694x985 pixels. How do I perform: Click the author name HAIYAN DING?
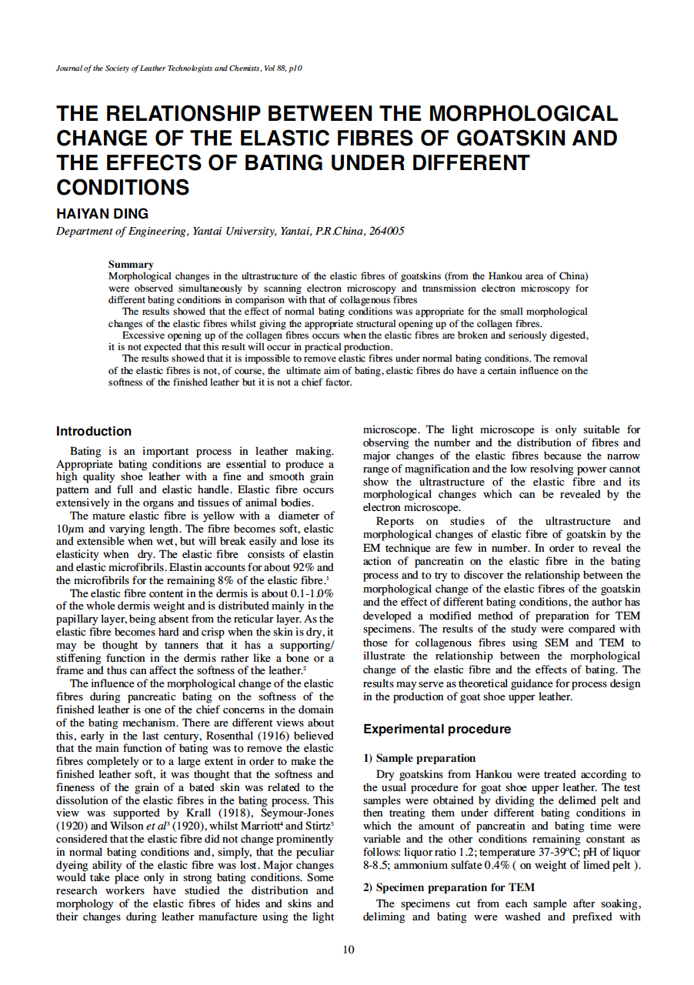102,214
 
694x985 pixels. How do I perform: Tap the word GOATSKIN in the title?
510,139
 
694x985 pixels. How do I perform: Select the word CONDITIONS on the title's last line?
123,187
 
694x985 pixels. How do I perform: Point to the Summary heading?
131,264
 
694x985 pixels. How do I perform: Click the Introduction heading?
94,431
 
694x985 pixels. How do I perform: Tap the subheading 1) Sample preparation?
419,758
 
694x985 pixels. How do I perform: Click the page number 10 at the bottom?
349,950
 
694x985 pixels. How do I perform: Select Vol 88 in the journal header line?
274,68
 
